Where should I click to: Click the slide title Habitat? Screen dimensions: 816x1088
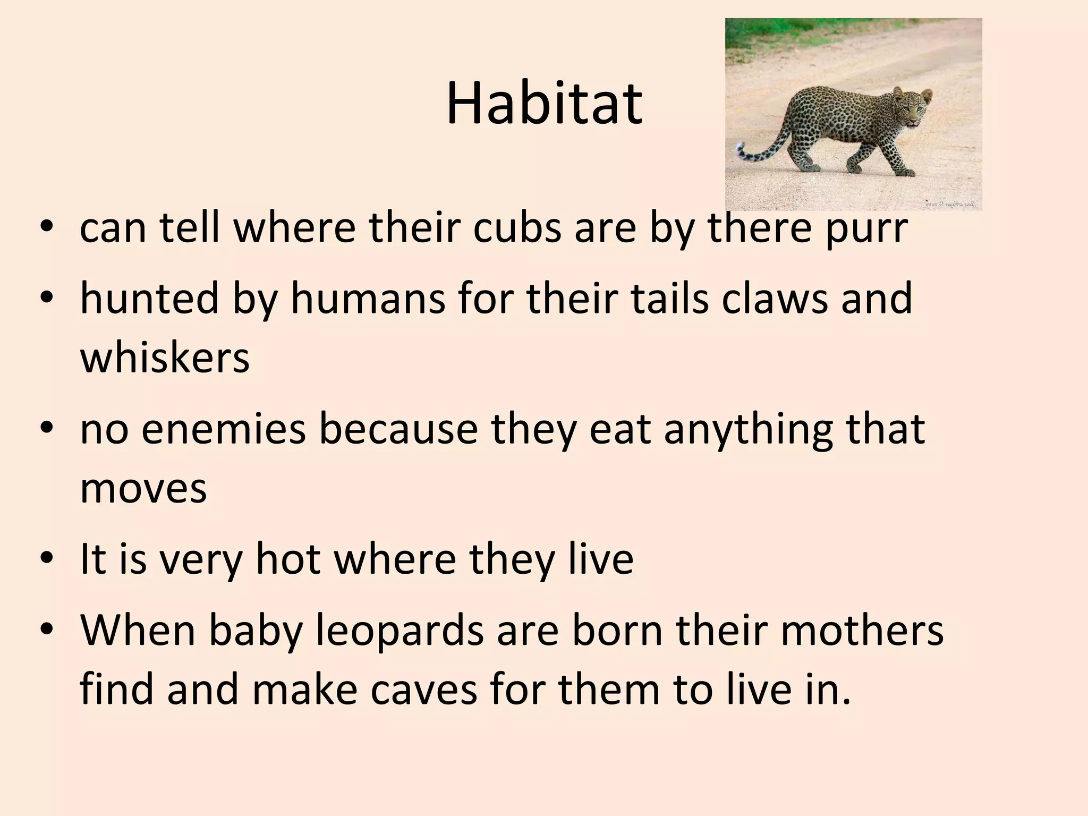click(544, 105)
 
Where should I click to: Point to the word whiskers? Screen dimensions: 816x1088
click(165, 358)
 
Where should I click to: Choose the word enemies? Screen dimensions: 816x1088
click(224, 429)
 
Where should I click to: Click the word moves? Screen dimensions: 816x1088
click(143, 489)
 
